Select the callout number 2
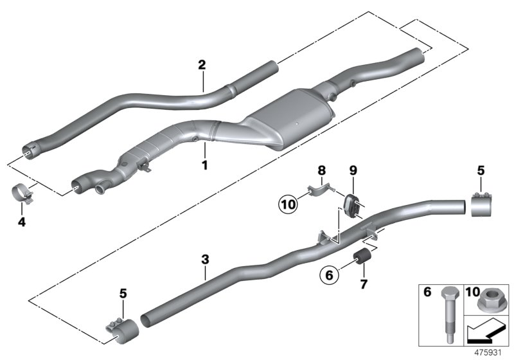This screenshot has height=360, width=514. pyautogui.click(x=202, y=64)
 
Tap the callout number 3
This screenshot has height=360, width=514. pyautogui.click(x=205, y=260)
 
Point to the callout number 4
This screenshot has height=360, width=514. pyautogui.click(x=21, y=222)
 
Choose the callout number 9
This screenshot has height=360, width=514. pyautogui.click(x=353, y=170)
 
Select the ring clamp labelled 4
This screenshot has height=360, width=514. pyautogui.click(x=23, y=194)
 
